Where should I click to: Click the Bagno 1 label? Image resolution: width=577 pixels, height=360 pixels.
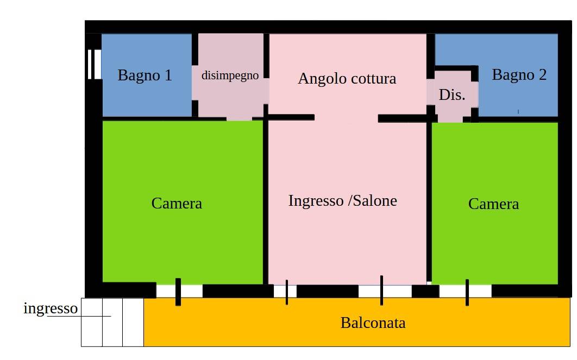[145, 75]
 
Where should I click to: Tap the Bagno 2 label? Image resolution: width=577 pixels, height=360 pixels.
[519, 75]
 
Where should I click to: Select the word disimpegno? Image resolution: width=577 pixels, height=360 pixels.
[230, 76]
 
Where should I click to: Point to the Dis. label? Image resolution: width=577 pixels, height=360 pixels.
[452, 95]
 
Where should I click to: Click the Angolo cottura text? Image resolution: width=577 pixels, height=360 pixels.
[347, 79]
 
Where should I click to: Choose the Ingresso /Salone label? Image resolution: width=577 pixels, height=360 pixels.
[343, 201]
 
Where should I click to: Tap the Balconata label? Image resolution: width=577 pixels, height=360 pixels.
[373, 323]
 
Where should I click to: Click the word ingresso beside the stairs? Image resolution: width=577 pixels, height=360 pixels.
[51, 309]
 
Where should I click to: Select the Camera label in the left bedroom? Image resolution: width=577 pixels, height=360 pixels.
[177, 204]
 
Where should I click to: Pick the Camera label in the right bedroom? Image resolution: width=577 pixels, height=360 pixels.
[493, 204]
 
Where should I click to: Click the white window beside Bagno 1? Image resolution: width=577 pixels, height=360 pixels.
[94, 65]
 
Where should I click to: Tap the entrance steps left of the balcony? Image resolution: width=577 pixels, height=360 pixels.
[112, 322]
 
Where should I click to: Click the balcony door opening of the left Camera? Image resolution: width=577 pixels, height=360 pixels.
[179, 291]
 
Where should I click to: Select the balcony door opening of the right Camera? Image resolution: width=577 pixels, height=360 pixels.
[466, 291]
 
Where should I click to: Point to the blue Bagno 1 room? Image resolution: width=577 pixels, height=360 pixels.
[147, 75]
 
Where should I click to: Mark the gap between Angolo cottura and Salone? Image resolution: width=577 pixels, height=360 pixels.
[346, 118]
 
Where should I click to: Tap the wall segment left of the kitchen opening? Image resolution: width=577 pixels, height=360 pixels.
[289, 117]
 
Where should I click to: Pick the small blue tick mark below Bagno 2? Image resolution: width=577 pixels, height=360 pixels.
[518, 111]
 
